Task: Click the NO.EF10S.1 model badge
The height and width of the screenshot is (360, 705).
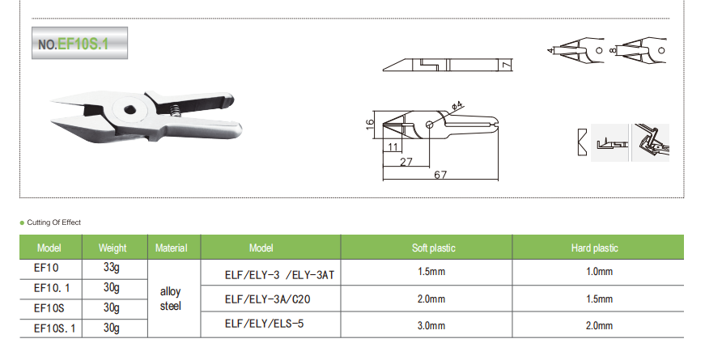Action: [x=79, y=43]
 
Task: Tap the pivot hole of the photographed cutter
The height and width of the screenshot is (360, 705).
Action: [x=131, y=109]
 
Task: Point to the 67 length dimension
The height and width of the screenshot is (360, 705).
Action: [x=440, y=175]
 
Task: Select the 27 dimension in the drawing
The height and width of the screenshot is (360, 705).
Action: [x=406, y=161]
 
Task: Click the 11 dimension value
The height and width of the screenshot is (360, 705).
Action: [x=393, y=146]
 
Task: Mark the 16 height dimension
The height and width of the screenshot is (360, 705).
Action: [x=370, y=125]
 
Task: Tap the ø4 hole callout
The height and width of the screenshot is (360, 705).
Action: [x=457, y=106]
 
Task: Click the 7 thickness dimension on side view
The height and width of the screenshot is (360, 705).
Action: [x=507, y=66]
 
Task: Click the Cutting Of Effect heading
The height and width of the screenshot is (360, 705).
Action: [x=54, y=222]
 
